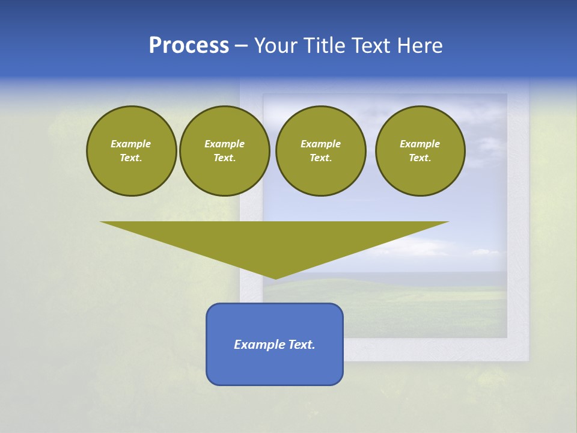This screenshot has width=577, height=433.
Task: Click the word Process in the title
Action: point(189,46)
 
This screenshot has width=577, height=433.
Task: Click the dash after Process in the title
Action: point(241,46)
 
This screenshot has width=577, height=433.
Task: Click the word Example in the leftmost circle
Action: point(131,144)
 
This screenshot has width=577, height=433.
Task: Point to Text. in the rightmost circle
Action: point(420,158)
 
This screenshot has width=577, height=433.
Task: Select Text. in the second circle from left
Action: point(224,158)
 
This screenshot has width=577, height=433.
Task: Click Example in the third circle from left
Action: point(320,144)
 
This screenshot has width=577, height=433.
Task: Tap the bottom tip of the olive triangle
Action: point(275,278)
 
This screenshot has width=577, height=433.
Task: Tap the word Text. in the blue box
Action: point(302,345)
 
